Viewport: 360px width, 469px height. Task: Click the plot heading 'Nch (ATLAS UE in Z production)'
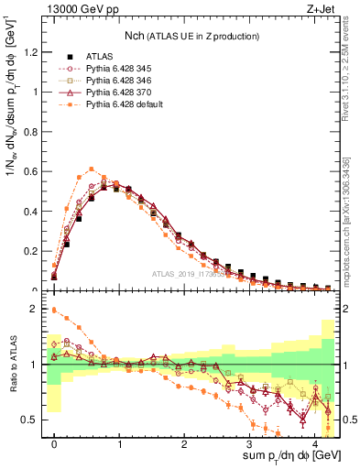point(191,36)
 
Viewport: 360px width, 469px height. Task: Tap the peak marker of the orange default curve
point(92,169)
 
